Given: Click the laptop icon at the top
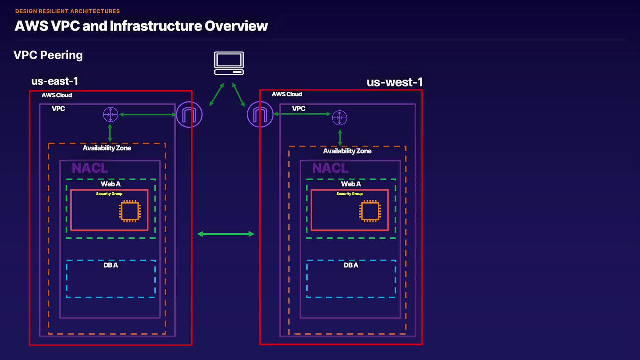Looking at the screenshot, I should coord(229,63).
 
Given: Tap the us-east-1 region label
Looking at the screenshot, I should coord(55,81).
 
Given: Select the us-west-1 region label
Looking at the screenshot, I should coord(394,82).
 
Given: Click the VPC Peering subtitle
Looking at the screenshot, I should coord(48,55).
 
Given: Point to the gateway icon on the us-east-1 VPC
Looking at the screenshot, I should coord(189,115).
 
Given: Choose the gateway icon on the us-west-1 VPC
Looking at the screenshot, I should coord(260,115).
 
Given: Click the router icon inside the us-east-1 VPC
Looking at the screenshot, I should coord(110,115).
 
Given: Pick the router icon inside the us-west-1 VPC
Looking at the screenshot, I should coord(340,118).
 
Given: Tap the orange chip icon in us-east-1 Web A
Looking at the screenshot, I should coord(130,211).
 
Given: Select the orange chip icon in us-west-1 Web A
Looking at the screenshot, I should coord(370,211).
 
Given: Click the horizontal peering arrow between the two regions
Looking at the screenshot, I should coord(226,234).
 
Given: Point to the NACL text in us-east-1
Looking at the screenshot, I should coord(90,168).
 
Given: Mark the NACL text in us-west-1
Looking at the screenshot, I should coord(330,168).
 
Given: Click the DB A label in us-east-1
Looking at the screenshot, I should coord(110,265).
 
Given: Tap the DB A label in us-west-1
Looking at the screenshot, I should coord(351,265).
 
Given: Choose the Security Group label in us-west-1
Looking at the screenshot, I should coord(349,194).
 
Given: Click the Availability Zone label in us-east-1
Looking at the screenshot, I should coord(107,148).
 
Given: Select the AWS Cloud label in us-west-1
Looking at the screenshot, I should coord(287,94).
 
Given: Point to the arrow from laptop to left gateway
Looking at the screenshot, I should coord(217,94).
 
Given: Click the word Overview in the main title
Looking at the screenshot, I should coord(236,26).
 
